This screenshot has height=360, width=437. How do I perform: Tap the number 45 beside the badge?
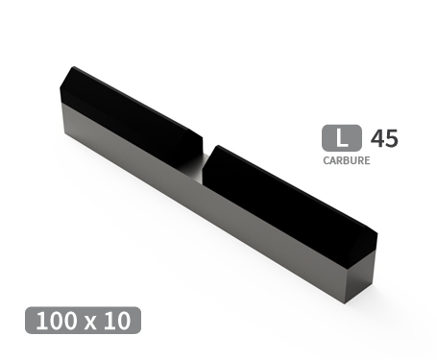click(383, 138)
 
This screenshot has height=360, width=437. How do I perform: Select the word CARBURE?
click(346, 160)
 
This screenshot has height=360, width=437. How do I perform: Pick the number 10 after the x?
click(119, 321)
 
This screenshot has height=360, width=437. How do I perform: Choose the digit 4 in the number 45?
click(376, 138)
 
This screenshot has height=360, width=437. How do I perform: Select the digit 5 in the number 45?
click(390, 138)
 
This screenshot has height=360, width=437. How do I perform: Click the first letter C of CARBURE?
click(326, 160)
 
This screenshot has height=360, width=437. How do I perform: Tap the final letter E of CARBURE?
click(367, 160)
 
